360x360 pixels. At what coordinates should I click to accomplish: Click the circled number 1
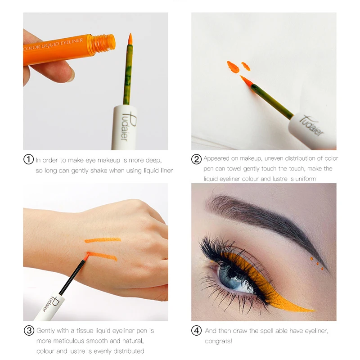tap(29, 159)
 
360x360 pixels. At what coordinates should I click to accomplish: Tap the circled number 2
tap(197, 159)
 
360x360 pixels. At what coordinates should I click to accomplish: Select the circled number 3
tap(29, 331)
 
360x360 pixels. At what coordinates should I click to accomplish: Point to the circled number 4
tap(197, 331)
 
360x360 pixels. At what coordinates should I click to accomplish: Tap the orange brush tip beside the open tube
tap(130, 39)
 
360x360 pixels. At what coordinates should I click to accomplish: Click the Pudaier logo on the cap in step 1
tap(127, 126)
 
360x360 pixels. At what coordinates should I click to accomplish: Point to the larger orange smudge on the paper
tap(233, 67)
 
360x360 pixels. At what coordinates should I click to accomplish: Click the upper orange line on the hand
tap(103, 240)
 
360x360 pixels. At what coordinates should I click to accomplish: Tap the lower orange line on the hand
tap(103, 256)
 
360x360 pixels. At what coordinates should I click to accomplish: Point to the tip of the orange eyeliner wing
tap(315, 311)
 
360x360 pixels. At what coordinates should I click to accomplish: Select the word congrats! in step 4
tap(218, 341)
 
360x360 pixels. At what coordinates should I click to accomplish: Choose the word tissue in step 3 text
tap(85, 331)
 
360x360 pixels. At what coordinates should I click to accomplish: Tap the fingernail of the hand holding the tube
tap(71, 77)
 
